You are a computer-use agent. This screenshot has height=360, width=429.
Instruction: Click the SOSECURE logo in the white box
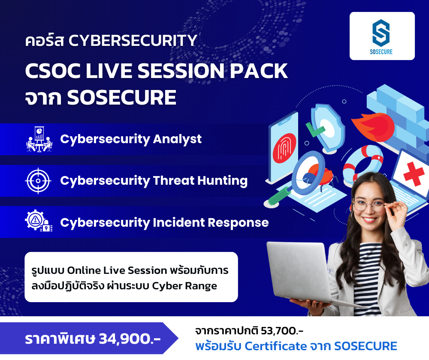click(x=381, y=36)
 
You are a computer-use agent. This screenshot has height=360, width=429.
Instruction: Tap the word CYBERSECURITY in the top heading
click(x=133, y=40)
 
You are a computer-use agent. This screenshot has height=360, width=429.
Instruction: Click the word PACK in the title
click(x=259, y=71)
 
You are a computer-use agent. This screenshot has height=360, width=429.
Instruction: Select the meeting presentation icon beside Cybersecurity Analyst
click(x=39, y=139)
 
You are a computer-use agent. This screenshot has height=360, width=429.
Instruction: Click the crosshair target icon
click(x=38, y=181)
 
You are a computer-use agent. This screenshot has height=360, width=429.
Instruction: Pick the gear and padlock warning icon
click(x=39, y=221)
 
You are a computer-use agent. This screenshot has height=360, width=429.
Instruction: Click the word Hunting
click(x=222, y=181)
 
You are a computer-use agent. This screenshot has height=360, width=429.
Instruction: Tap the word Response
click(x=238, y=223)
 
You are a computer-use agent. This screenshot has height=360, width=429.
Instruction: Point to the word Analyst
click(x=177, y=139)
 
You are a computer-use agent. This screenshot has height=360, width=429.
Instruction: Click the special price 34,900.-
click(x=130, y=339)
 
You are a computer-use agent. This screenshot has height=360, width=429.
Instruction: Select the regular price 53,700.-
click(x=282, y=331)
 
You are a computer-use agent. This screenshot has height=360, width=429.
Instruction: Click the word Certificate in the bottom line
click(x=276, y=346)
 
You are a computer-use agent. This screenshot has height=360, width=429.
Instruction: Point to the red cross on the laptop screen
click(x=414, y=174)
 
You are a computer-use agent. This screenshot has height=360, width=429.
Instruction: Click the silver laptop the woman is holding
click(x=301, y=273)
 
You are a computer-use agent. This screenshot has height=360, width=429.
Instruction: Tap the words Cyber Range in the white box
click(x=184, y=286)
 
